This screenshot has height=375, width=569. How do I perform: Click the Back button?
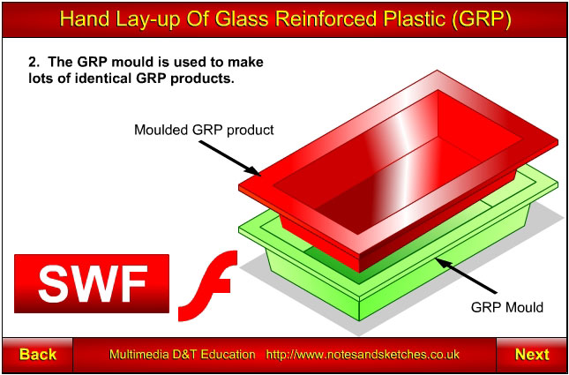(37, 355)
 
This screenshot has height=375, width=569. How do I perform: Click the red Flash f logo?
(206, 286)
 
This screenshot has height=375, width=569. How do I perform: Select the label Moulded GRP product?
(204, 130)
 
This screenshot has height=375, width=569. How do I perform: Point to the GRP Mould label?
(506, 307)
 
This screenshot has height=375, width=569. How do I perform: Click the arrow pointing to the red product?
(230, 158)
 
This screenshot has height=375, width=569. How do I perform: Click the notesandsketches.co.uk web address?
(363, 354)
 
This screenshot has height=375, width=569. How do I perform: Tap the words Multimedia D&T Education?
(182, 354)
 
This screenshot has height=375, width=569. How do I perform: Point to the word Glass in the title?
(249, 19)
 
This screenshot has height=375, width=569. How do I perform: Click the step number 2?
(34, 62)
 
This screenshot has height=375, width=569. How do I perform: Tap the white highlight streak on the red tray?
(392, 160)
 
